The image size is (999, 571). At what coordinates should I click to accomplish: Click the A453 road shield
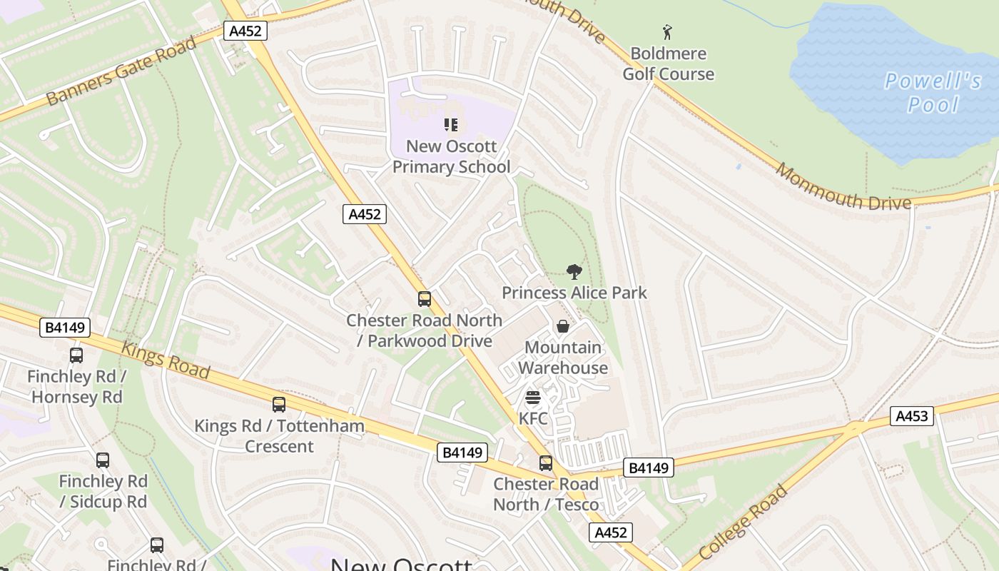(x=911, y=416)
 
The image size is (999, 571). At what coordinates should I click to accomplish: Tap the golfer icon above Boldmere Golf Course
(x=667, y=32)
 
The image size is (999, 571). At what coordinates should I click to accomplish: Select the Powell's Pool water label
(x=933, y=93)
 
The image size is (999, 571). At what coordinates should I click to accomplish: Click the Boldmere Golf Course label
(x=668, y=64)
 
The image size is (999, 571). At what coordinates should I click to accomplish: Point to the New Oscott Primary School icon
(x=451, y=125)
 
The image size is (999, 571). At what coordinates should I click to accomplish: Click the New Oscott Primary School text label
(x=451, y=156)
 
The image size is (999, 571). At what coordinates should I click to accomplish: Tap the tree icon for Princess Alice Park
(x=574, y=272)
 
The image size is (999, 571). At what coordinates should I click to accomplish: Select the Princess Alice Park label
(x=574, y=293)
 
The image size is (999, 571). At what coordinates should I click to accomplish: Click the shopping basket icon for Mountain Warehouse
(x=563, y=326)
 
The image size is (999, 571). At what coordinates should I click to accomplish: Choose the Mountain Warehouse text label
(x=563, y=358)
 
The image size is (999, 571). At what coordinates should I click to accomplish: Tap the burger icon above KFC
(x=532, y=398)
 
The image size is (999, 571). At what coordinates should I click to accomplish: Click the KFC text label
(x=532, y=418)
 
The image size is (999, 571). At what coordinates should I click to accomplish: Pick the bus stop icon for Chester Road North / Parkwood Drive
(x=425, y=299)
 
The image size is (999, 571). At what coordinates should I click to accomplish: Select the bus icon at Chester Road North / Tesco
(x=546, y=463)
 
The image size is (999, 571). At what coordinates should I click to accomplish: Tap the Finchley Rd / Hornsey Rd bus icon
(x=76, y=355)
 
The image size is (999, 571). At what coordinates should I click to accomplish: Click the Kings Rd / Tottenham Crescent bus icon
(x=279, y=405)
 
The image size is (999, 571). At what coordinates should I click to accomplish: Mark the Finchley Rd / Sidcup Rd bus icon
(x=103, y=460)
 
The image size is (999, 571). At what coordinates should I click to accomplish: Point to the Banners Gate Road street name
(x=121, y=71)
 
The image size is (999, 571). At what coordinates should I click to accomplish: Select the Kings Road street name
(x=166, y=360)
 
